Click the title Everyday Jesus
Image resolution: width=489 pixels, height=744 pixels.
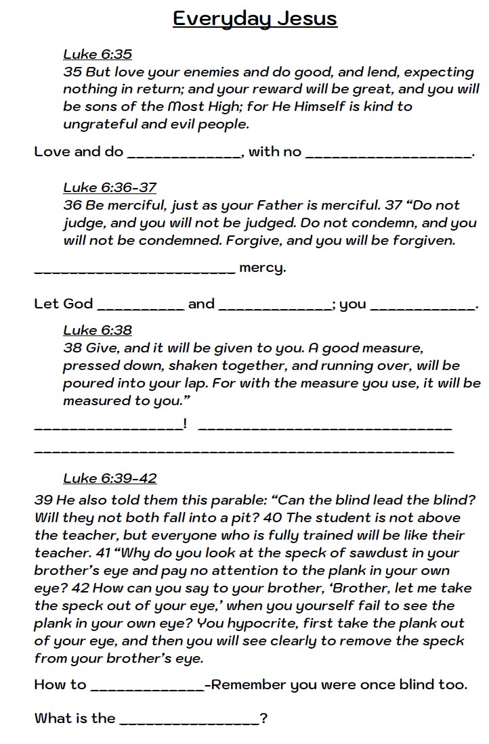255,18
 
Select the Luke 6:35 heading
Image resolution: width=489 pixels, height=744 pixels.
98,55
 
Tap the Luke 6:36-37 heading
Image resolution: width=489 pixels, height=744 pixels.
110,187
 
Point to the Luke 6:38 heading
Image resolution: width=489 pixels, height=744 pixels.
98,330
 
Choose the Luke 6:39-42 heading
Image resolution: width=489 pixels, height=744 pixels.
110,478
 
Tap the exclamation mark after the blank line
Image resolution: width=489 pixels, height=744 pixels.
185,424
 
